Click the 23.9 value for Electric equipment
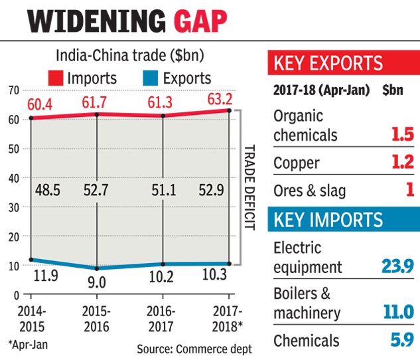[397, 266]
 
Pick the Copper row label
[297, 163]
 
